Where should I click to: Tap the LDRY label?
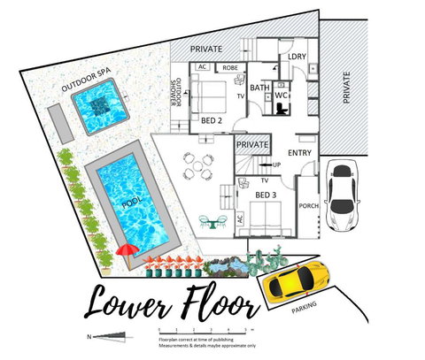pyautogui.click(x=297, y=58)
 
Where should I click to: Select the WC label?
pyautogui.click(x=281, y=94)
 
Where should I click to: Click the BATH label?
pyautogui.click(x=259, y=88)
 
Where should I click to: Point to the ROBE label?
pyautogui.click(x=229, y=66)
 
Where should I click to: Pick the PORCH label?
pyautogui.click(x=309, y=207)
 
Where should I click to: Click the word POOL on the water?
pyautogui.click(x=135, y=202)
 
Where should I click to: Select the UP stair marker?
pyautogui.click(x=277, y=165)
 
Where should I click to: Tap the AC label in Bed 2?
pyautogui.click(x=202, y=66)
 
